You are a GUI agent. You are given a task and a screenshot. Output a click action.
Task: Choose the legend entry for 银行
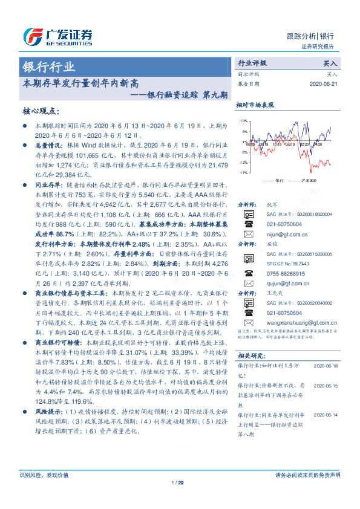[x=273, y=181]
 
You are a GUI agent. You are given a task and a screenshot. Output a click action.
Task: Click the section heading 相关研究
[x=250, y=355]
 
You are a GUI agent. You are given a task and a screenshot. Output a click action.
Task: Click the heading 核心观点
[x=41, y=111]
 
